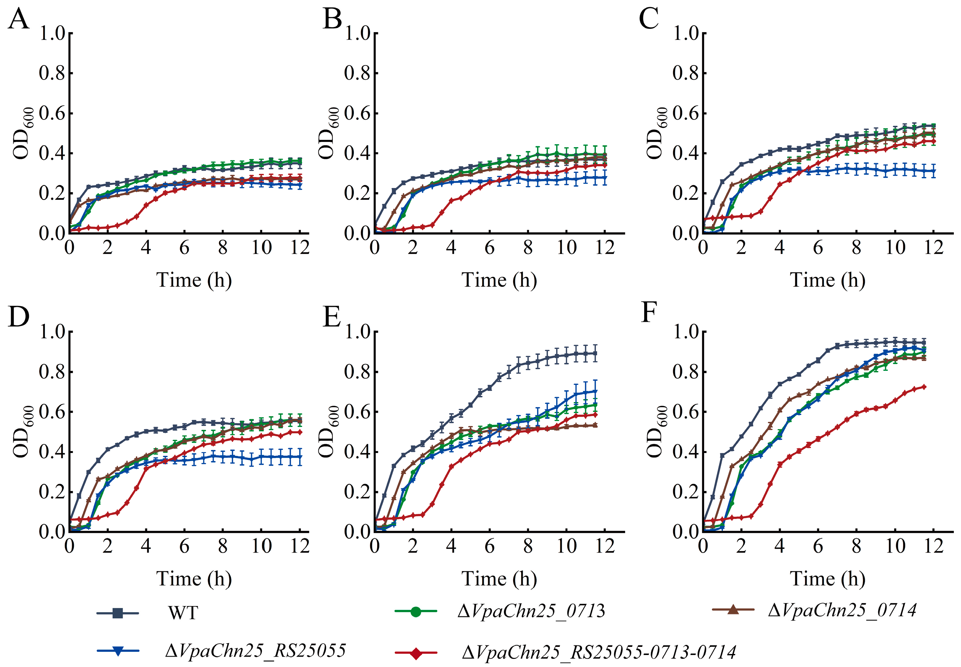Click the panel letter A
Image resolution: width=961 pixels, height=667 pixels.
pyautogui.click(x=19, y=19)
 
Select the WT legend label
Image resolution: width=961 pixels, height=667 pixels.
pyautogui.click(x=183, y=613)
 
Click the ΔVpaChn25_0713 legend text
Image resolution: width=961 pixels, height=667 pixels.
pyautogui.click(x=531, y=611)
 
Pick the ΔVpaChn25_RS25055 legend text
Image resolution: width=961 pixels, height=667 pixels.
pyautogui.click(x=256, y=651)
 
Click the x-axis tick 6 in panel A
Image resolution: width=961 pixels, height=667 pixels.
pyautogui.click(x=184, y=247)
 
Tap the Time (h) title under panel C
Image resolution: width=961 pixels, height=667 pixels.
pyautogui.click(x=828, y=280)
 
